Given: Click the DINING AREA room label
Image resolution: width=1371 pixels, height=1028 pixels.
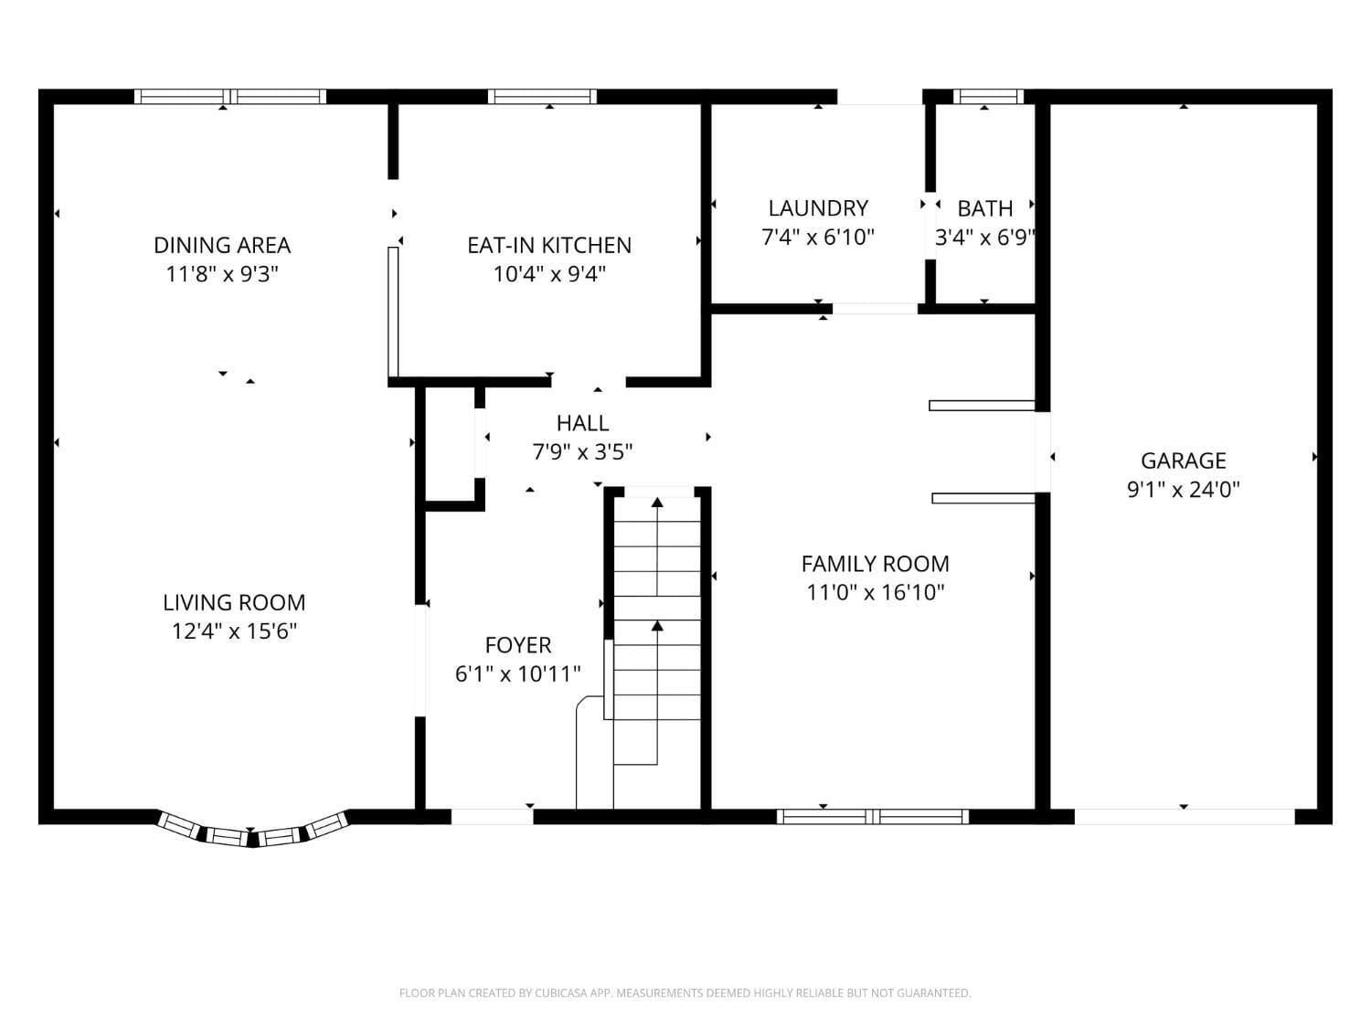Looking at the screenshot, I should click(x=222, y=245).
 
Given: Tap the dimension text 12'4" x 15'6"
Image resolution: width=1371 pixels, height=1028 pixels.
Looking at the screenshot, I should click(x=234, y=631).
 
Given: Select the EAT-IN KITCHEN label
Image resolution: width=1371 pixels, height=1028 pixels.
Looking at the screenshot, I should click(x=549, y=245).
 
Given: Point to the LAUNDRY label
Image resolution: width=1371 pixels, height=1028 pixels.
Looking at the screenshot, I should click(x=818, y=208).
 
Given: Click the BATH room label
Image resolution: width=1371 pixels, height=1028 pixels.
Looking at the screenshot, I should click(x=985, y=208).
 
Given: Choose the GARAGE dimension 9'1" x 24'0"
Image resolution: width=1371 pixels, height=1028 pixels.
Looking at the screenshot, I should click(x=1183, y=489).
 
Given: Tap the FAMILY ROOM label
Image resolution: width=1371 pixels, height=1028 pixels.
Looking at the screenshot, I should click(x=875, y=564).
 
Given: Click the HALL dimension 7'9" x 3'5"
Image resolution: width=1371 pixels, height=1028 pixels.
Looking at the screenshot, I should click(x=583, y=451).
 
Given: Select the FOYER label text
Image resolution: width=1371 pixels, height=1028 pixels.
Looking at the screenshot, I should click(x=518, y=645).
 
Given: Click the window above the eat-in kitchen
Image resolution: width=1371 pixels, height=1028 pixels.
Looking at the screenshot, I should click(x=542, y=96).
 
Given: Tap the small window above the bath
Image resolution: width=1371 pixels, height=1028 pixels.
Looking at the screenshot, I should click(x=985, y=96).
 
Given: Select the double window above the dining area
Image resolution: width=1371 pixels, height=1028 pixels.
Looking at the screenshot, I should click(x=230, y=96).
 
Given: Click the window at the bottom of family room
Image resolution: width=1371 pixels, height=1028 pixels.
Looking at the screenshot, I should click(x=873, y=816).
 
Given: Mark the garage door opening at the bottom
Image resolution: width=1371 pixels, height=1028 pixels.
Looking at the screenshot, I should click(x=1184, y=816).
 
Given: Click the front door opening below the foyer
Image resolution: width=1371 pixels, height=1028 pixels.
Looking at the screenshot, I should click(x=492, y=816).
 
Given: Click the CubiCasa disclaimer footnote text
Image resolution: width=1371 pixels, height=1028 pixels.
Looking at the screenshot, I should click(x=685, y=993).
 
